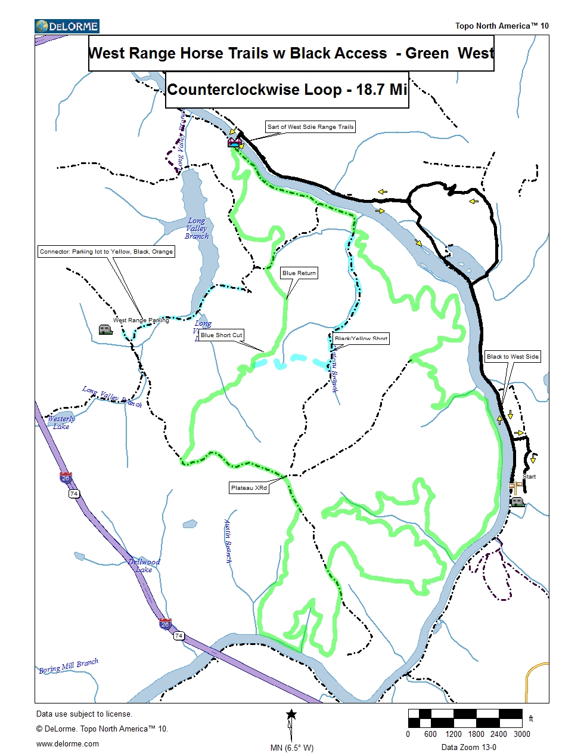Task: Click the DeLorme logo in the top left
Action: pos(67,26)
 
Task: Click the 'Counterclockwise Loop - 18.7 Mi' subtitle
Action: pos(287,90)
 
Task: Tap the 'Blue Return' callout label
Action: pos(299,273)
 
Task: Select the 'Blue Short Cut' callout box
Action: pos(222,335)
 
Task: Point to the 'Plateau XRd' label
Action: pos(249,488)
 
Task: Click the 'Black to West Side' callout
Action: pos(512,357)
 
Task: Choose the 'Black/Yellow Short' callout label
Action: pos(361,338)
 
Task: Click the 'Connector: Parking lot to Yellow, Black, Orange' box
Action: pos(106,252)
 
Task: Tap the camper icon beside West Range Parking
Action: pos(105,329)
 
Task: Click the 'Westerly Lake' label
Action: pos(61,422)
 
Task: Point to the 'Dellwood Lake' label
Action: pos(144,566)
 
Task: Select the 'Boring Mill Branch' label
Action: pos(69,666)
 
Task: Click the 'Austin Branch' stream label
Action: pos(228,541)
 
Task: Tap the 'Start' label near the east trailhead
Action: pos(529,477)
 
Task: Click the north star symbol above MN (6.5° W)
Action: pos(291,714)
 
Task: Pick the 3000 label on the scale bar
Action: pos(521,735)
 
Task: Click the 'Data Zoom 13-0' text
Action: pos(468,747)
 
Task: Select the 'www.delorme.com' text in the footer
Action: pos(67,744)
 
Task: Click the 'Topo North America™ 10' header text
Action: pos(502,26)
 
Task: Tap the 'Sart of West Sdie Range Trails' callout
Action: pos(310,127)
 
